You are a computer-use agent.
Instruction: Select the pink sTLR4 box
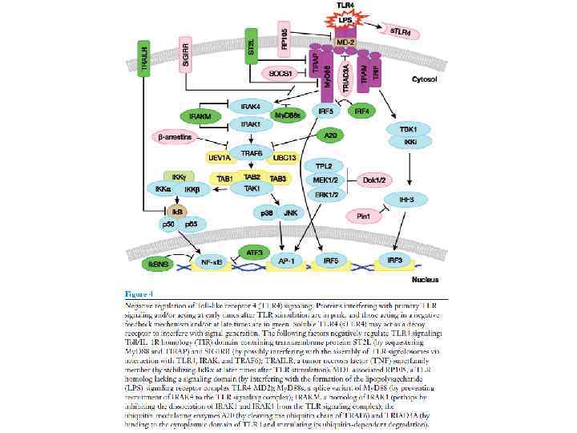point(401,31)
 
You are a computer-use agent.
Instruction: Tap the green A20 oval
point(330,135)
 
